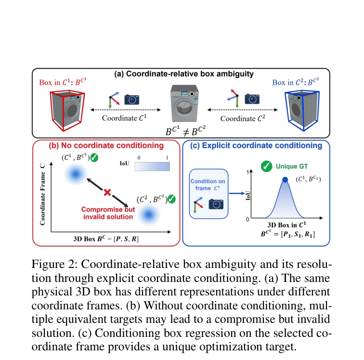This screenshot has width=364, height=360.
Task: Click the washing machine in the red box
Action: tap(67, 111)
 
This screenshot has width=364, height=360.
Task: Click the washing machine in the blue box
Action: tap(302, 111)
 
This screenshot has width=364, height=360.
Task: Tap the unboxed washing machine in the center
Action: tap(184, 104)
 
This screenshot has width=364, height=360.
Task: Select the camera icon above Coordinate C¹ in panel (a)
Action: tap(131, 99)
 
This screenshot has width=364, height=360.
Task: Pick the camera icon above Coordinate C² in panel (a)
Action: tap(252, 99)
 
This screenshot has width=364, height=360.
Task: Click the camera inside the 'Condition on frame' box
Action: tap(216, 204)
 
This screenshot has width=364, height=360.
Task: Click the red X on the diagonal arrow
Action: tap(107, 192)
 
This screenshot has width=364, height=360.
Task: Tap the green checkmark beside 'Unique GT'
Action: tap(267, 166)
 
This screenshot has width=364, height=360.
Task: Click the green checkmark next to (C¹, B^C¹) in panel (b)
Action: tap(94, 158)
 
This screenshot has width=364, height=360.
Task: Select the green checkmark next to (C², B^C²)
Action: tap(171, 199)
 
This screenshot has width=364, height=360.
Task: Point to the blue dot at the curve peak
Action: tap(285, 179)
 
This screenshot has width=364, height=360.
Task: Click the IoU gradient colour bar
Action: tap(152, 166)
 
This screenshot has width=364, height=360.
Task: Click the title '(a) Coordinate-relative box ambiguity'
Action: tap(184, 74)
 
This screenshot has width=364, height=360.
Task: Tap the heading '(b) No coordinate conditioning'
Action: tap(106, 146)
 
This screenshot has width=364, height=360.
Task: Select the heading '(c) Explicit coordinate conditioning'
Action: tap(256, 146)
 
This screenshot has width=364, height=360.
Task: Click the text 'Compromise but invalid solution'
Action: tap(108, 213)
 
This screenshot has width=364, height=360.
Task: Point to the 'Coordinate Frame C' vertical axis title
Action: tap(42, 195)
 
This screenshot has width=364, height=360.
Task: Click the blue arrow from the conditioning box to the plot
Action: tap(237, 193)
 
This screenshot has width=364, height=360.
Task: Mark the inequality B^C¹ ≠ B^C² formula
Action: tap(185, 131)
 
